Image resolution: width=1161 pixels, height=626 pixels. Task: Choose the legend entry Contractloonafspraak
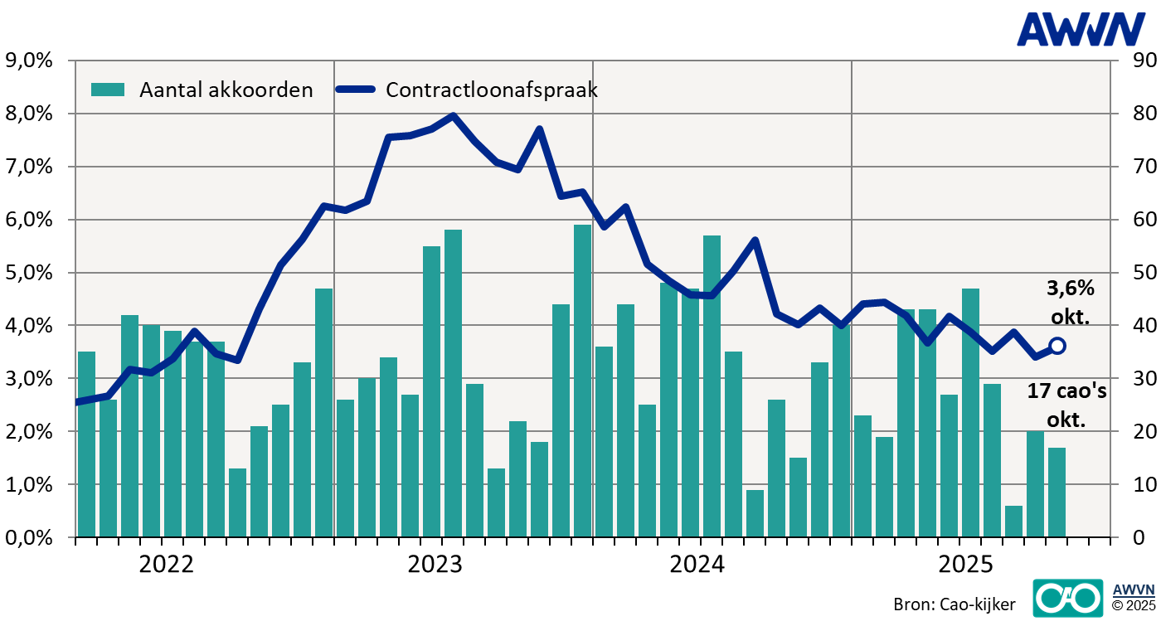tap(469, 90)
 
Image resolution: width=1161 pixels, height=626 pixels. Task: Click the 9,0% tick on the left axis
tap(29, 60)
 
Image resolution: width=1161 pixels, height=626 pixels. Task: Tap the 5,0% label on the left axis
tap(29, 272)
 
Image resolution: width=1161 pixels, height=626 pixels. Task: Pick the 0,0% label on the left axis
tap(29, 537)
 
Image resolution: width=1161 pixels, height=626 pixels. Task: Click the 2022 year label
tap(166, 565)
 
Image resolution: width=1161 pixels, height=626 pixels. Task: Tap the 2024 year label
tap(697, 565)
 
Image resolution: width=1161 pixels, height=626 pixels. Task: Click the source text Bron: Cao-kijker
tap(954, 604)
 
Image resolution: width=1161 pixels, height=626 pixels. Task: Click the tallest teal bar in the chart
tap(583, 381)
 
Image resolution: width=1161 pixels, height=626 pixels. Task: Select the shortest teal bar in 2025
tap(1013, 522)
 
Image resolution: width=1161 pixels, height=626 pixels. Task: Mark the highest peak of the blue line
tap(453, 115)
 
